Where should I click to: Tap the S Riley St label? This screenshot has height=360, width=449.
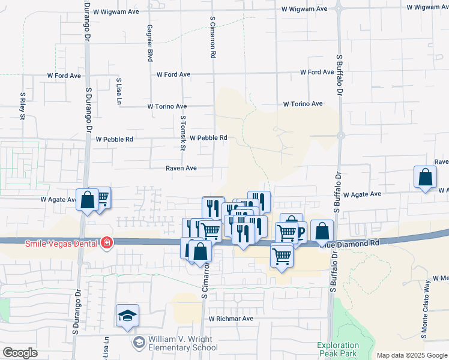coord(23,106)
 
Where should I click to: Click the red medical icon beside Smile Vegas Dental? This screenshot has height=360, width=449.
coord(106,242)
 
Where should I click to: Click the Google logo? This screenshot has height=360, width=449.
coord(20,353)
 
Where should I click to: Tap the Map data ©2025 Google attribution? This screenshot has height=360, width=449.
coord(411,355)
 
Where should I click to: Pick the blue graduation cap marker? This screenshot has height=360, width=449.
coord(128,316)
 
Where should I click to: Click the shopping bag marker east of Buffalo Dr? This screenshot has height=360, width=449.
coord(425,178)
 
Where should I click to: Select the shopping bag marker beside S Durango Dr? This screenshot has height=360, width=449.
coord(87,200)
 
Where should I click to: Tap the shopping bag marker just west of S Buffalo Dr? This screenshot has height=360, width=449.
coord(322,231)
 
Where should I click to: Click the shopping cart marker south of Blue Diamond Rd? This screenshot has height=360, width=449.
coord(282,256)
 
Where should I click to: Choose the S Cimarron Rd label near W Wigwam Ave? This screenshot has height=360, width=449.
coord(212,37)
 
